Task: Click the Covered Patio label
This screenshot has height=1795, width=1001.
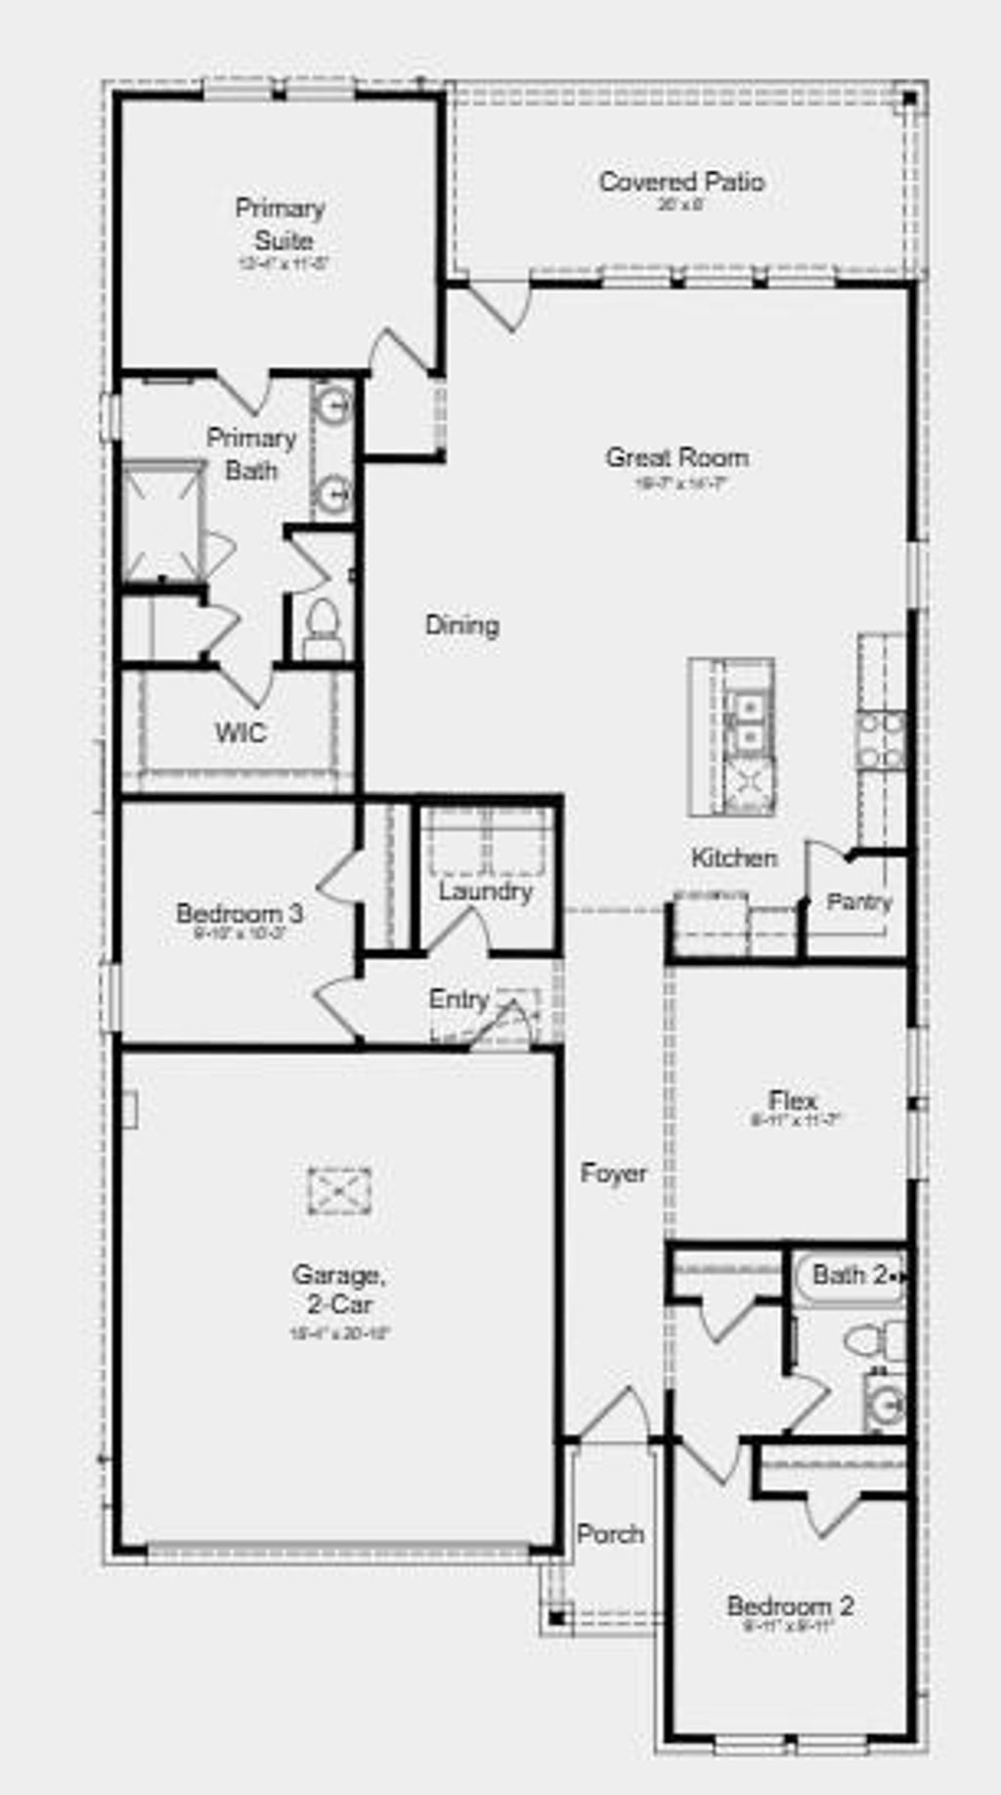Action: tap(681, 182)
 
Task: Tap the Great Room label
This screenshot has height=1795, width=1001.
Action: tap(677, 458)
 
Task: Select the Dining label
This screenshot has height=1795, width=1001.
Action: tap(462, 625)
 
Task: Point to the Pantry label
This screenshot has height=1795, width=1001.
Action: tap(859, 901)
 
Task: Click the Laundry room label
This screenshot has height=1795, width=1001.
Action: tap(485, 891)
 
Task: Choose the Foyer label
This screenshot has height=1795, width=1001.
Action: tap(614, 1172)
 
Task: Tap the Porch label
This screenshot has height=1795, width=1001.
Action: tap(610, 1534)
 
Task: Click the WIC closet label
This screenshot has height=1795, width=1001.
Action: tap(240, 732)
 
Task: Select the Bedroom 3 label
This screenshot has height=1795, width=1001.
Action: tap(239, 914)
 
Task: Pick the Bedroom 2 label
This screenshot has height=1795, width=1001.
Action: tap(790, 1605)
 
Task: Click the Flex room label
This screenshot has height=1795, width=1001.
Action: tap(793, 1100)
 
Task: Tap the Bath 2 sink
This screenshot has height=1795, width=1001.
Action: tap(887, 1404)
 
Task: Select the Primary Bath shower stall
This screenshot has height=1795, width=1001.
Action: tap(162, 522)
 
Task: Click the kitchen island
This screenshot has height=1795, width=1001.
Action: tap(732, 736)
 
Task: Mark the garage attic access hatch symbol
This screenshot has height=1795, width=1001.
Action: tap(339, 1192)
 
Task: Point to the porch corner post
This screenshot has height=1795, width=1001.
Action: tap(556, 1618)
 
